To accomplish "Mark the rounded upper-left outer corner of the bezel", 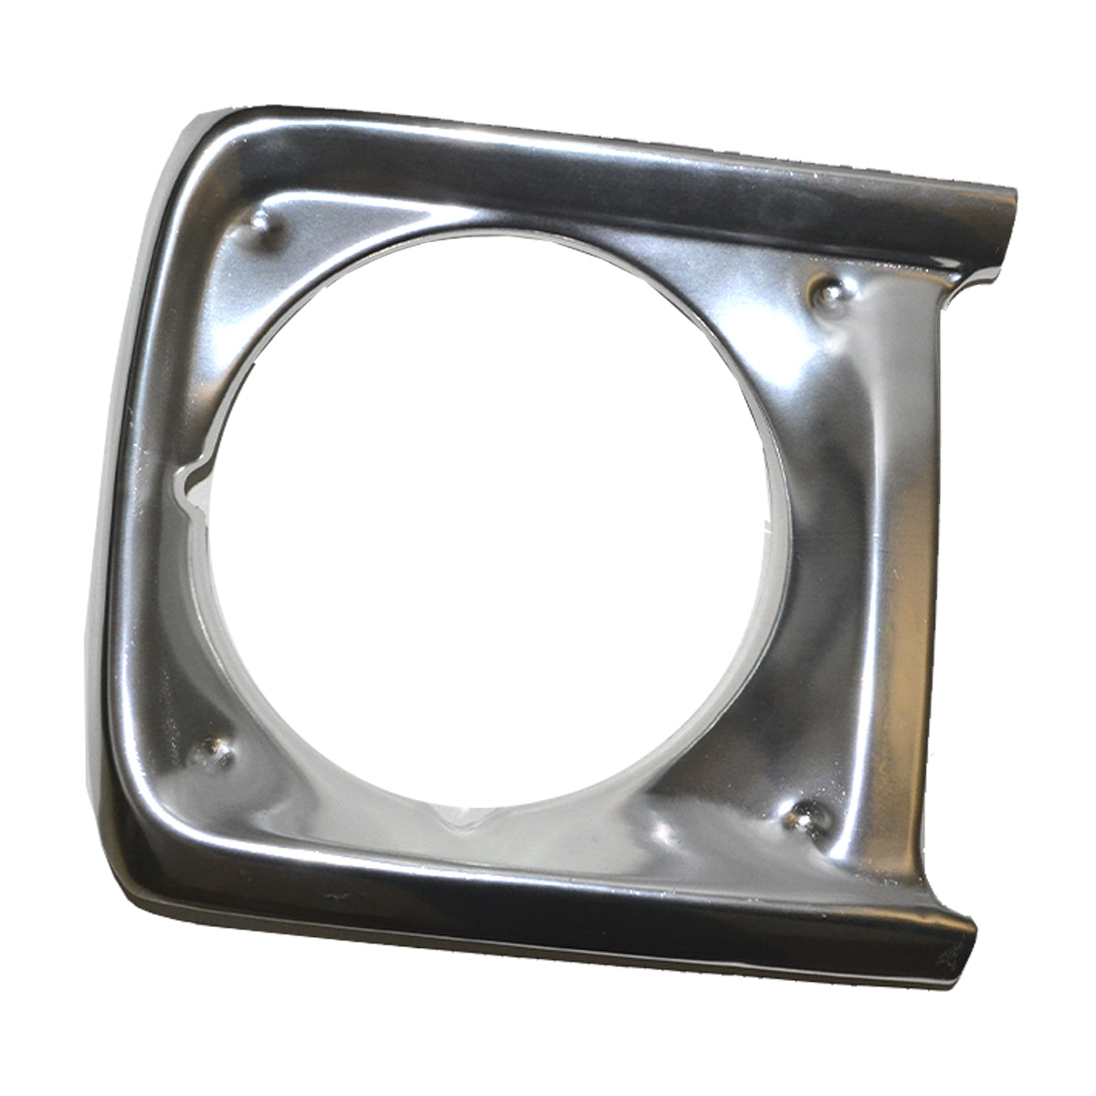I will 196,137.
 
